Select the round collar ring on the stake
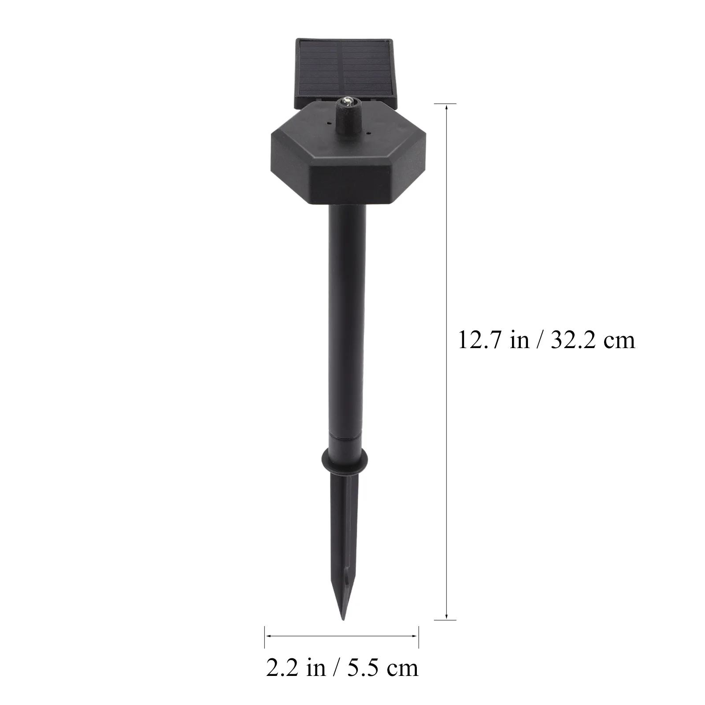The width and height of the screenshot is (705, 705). pyautogui.click(x=345, y=460)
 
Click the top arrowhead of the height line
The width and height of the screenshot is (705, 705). pyautogui.click(x=447, y=107)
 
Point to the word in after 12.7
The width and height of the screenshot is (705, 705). pyautogui.click(x=520, y=340)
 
